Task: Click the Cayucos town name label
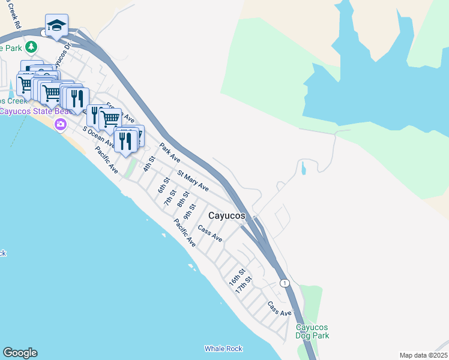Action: [x=228, y=215]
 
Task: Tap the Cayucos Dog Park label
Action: [x=312, y=331]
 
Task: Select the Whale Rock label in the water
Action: [x=223, y=349]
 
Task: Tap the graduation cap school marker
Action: [x=56, y=25]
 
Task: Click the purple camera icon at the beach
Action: [x=60, y=124]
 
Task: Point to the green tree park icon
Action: [x=27, y=47]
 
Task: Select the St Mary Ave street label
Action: [x=193, y=181]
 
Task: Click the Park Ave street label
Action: [x=170, y=152]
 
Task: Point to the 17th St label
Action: [x=243, y=284]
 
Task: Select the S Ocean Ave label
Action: [x=98, y=137]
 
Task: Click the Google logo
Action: [x=20, y=353]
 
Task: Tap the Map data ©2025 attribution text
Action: [x=423, y=355]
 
